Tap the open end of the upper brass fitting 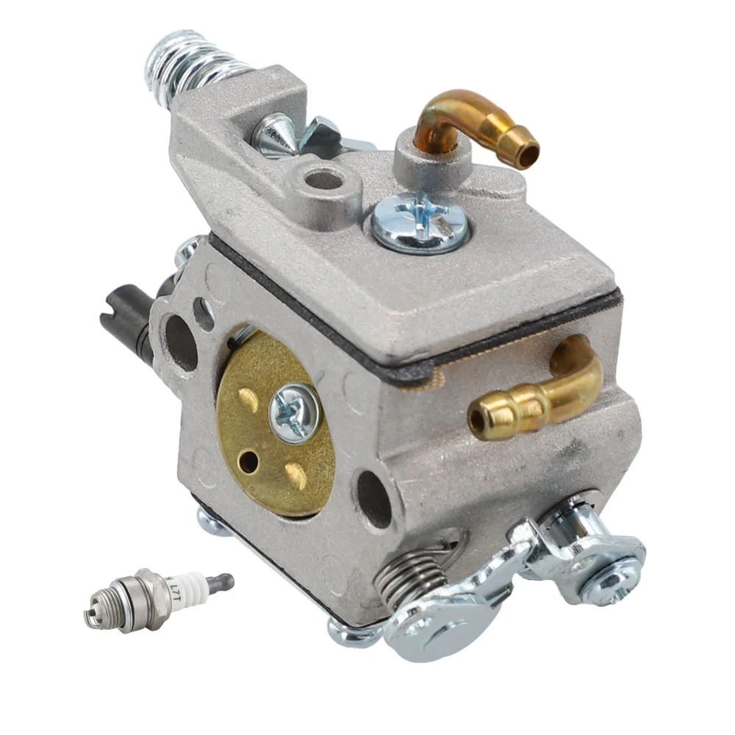(528, 152)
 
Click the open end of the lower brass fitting (478, 421)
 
